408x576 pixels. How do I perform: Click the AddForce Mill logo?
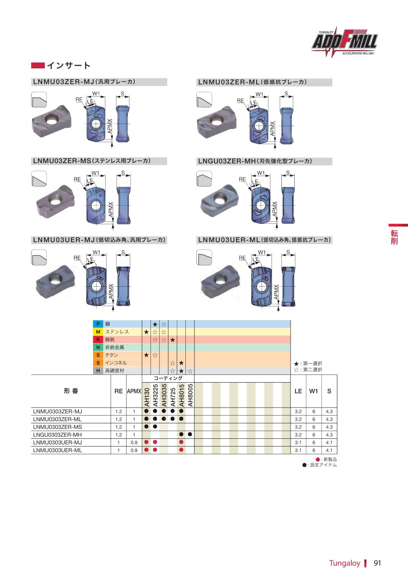[345, 42]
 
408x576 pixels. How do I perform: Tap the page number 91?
[377, 563]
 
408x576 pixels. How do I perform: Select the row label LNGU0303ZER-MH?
[58, 435]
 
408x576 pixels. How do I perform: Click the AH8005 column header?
[190, 395]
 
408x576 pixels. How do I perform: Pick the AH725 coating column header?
[173, 397]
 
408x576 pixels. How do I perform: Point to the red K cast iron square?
[98, 340]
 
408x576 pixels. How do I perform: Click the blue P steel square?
[98, 324]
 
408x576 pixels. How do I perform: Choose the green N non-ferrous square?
[98, 347]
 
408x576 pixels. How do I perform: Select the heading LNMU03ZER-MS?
[62, 161]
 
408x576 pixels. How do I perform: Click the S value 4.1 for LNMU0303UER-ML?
[329, 450]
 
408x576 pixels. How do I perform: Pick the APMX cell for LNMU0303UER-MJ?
[134, 442]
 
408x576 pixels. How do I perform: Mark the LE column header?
[298, 391]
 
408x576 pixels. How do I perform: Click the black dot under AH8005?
[190, 434]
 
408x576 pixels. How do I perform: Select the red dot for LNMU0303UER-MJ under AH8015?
[181, 442]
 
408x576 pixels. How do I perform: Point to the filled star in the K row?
[172, 340]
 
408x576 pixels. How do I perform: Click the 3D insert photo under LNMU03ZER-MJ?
[52, 121]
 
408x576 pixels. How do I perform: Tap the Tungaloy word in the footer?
[345, 563]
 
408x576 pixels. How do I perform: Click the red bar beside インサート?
[38, 66]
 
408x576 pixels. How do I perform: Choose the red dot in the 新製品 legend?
[318, 459]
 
